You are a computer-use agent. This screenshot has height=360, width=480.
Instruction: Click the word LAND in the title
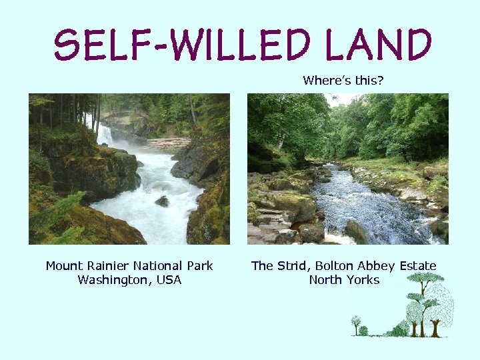[x=378, y=45]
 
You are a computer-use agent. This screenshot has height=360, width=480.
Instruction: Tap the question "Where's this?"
[x=343, y=81]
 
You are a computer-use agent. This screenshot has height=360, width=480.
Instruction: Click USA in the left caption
[x=169, y=280]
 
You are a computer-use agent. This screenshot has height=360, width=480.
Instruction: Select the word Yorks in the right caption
[x=363, y=280]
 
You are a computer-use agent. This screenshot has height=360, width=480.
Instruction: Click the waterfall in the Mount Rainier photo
[x=104, y=136]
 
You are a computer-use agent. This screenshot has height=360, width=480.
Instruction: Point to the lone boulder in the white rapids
[x=162, y=201]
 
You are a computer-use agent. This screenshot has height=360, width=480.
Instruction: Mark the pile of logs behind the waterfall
[x=167, y=143]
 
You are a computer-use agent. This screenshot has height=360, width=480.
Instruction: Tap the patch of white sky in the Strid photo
[x=339, y=99]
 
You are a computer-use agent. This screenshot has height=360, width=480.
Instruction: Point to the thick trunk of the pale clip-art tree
[x=436, y=327]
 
